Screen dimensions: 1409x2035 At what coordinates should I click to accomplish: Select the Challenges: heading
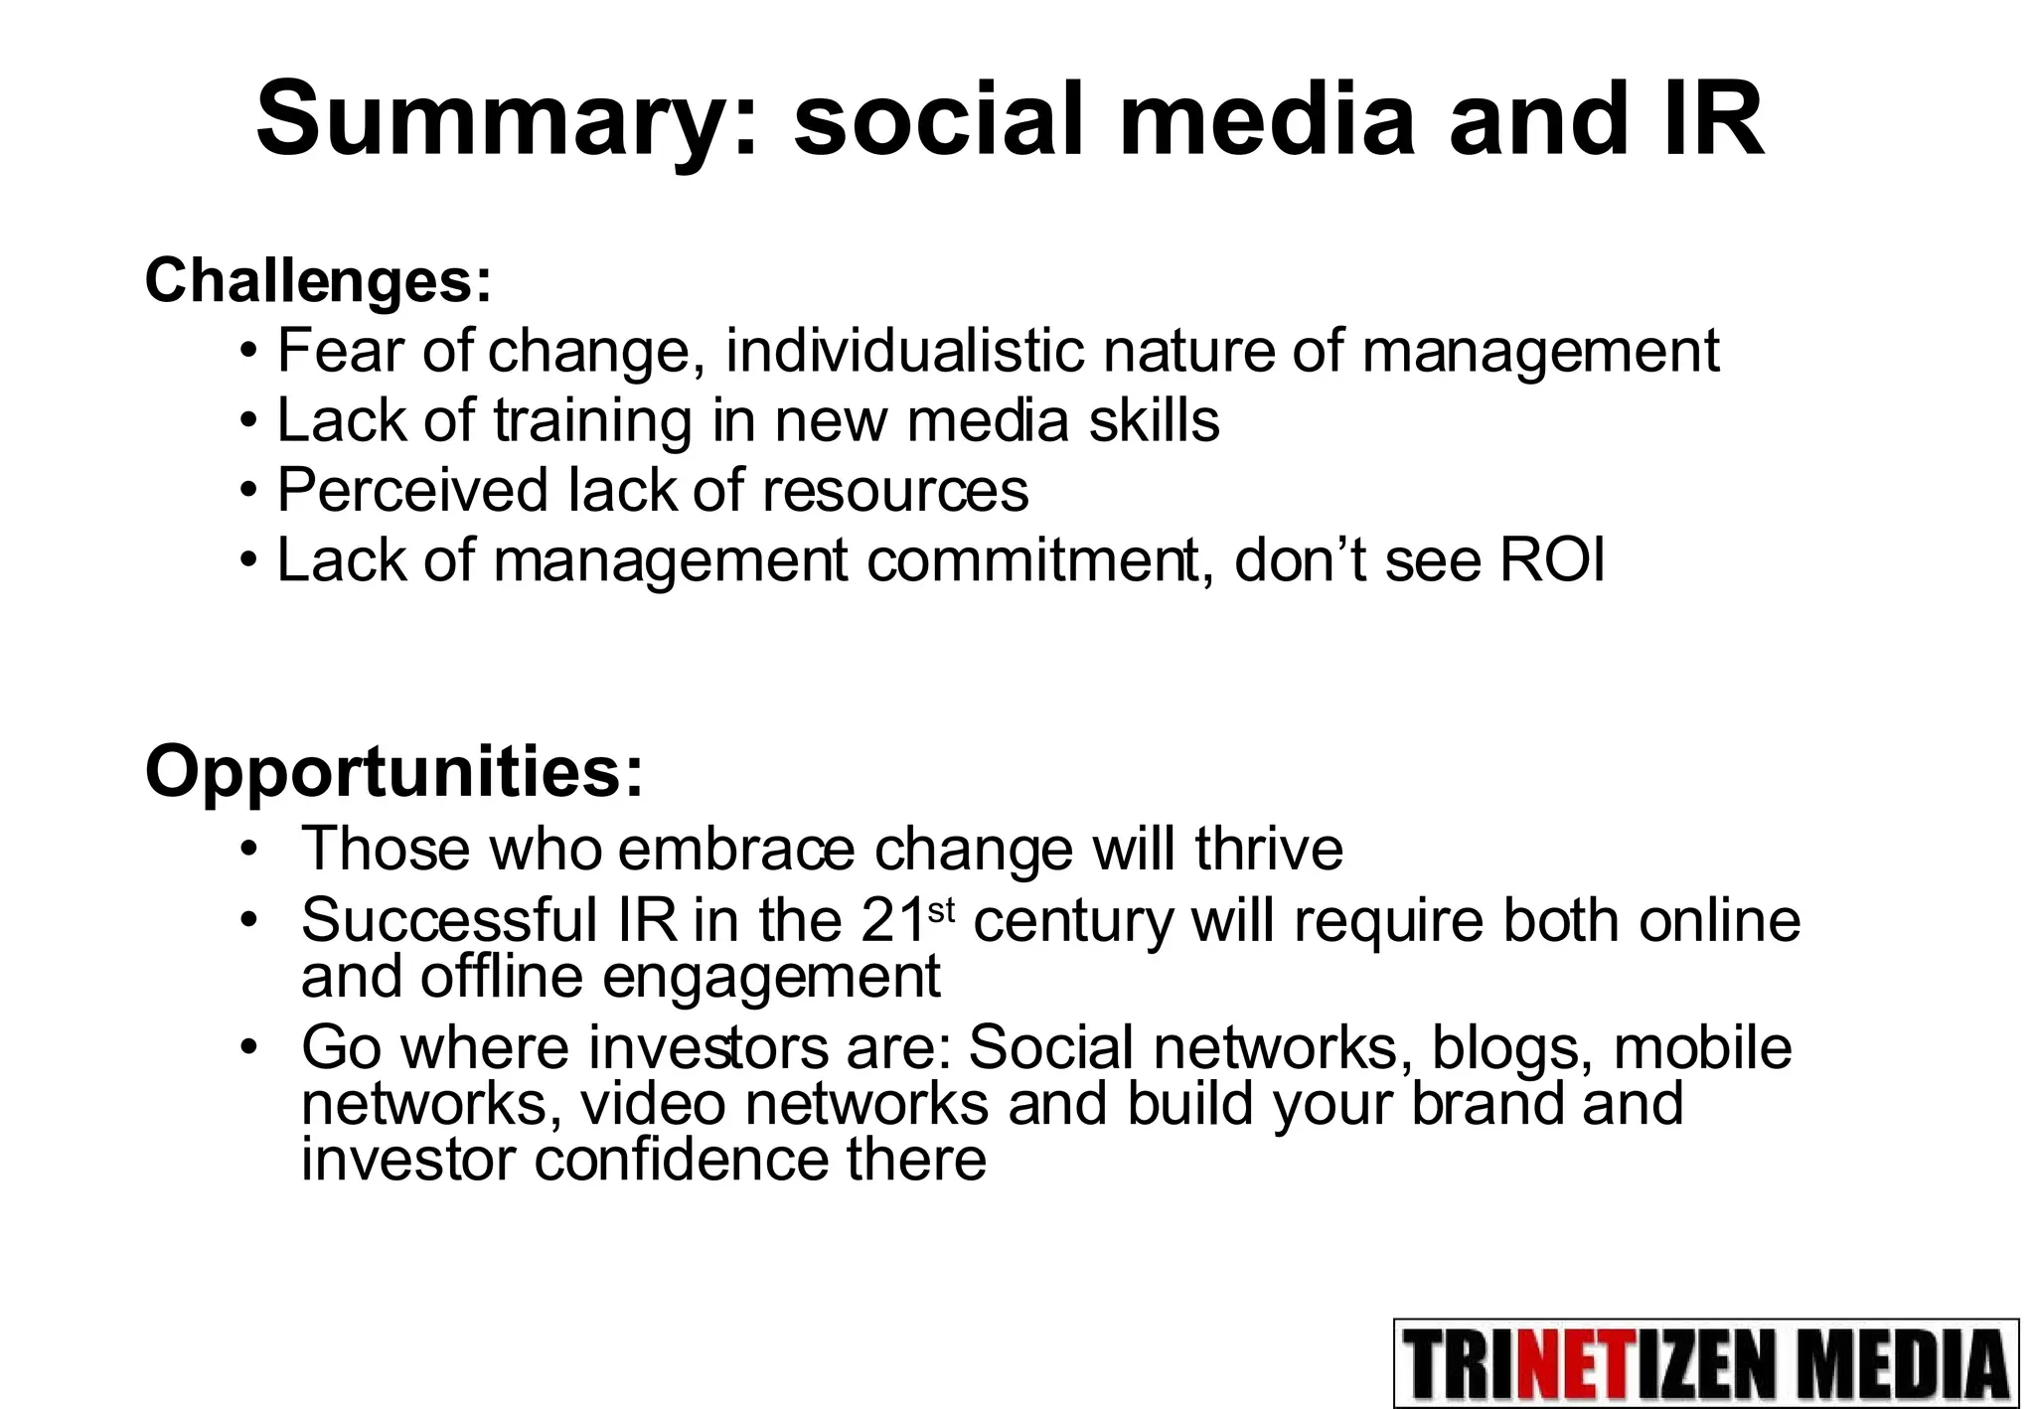tap(318, 281)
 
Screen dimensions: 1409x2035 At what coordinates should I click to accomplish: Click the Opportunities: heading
tap(394, 772)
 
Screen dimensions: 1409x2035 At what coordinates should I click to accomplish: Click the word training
tap(591, 420)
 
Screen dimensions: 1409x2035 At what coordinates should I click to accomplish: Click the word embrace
tap(735, 849)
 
